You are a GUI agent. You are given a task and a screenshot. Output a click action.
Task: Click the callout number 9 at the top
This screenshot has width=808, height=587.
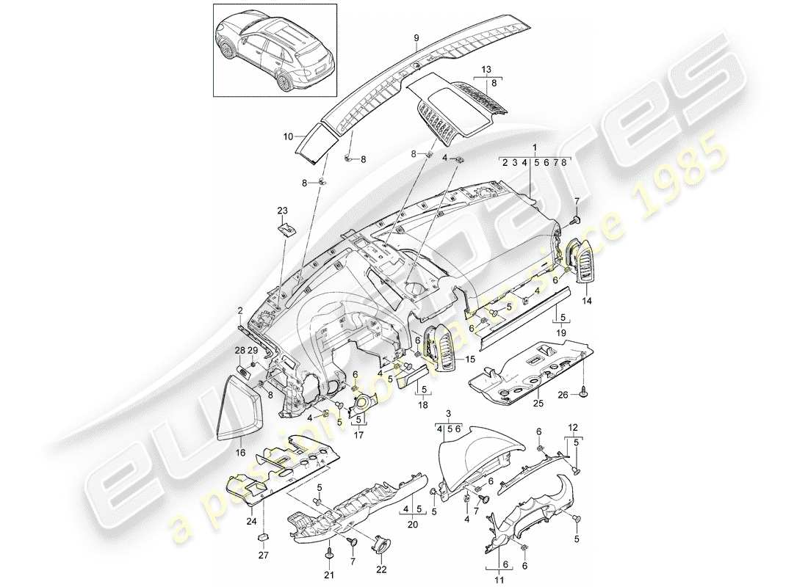pyautogui.click(x=416, y=37)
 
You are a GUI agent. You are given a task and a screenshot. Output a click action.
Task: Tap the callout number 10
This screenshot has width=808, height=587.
pyautogui.click(x=288, y=136)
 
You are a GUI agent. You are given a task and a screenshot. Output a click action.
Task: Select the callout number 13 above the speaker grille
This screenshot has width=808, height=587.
pyautogui.click(x=485, y=69)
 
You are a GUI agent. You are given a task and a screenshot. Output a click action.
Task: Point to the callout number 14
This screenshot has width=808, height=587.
pyautogui.click(x=588, y=300)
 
